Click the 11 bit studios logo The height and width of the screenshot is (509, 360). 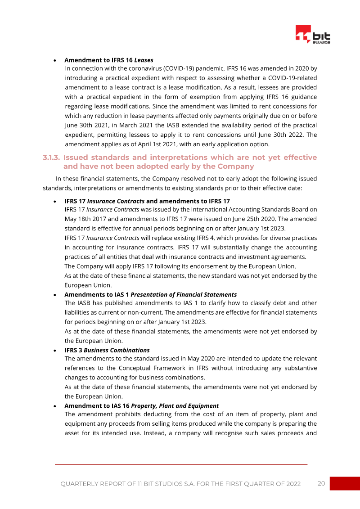click(313, 35)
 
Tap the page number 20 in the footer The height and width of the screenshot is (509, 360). click(321, 483)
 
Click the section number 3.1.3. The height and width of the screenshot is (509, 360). click(51, 158)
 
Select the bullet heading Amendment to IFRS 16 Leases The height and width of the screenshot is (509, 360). click(108, 60)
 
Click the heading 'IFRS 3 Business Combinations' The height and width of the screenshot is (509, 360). click(107, 350)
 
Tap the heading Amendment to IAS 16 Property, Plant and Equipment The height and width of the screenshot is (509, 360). click(141, 406)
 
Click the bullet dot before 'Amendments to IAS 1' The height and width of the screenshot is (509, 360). click(54, 295)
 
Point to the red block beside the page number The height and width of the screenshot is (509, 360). click(345, 483)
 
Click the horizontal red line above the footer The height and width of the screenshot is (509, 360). click(181, 464)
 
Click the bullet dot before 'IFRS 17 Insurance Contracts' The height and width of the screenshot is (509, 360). click(54, 201)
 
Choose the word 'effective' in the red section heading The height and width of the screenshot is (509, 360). click(301, 158)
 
